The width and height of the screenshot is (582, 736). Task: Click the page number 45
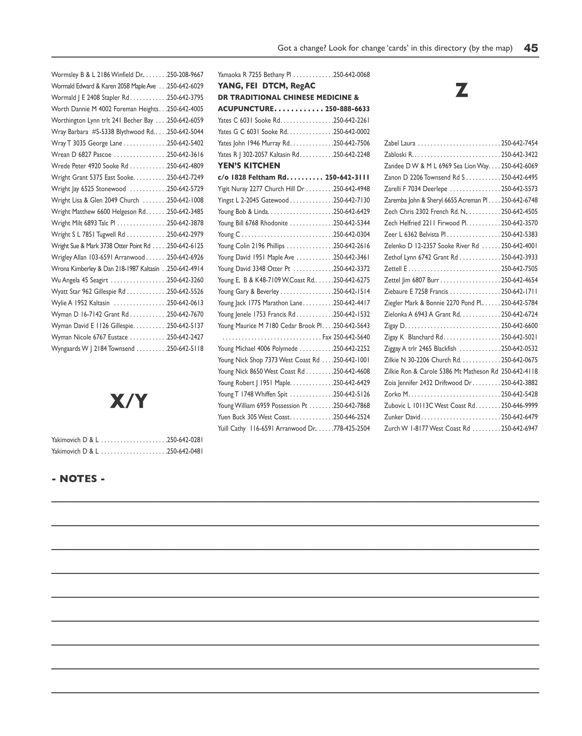tap(531, 48)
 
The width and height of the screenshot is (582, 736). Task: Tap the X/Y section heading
tap(128, 401)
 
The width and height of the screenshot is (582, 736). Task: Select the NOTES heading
tap(78, 479)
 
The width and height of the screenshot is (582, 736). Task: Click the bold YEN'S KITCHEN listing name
tap(249, 166)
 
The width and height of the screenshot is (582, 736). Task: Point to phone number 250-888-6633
tap(347, 109)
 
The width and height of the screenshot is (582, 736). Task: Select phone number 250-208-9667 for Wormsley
tap(185, 75)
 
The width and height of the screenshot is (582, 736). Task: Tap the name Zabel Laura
tap(400, 143)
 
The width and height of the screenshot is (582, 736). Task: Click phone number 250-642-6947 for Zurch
tap(519, 428)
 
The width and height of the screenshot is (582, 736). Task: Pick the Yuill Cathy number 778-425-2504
tap(352, 428)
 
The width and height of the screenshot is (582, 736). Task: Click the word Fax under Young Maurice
tap(327, 337)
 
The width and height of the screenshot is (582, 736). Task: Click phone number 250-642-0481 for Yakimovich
tap(185, 451)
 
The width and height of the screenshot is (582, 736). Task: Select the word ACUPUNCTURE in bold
tap(245, 109)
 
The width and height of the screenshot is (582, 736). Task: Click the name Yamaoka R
tap(232, 75)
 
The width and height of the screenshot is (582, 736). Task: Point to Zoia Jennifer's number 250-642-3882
tap(519, 383)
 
